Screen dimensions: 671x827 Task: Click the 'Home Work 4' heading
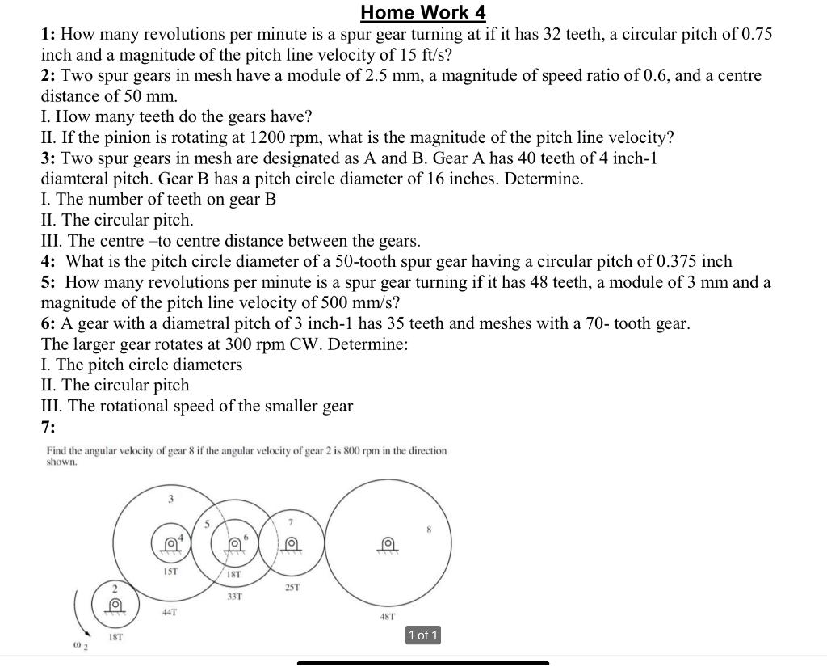click(423, 12)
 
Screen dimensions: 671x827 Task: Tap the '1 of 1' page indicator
click(423, 635)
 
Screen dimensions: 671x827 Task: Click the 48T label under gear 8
click(387, 617)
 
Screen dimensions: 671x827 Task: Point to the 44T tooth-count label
click(170, 612)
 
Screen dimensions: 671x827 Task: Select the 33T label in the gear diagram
click(235, 596)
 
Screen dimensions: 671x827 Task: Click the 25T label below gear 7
click(292, 587)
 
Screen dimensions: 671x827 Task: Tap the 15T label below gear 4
click(171, 571)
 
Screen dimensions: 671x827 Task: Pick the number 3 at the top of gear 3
click(170, 499)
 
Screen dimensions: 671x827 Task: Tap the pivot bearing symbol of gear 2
click(115, 605)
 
